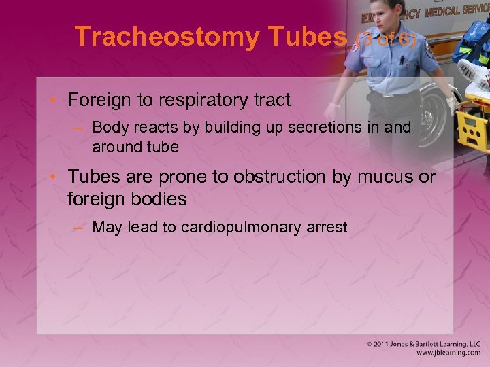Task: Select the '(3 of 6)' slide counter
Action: click(x=385, y=39)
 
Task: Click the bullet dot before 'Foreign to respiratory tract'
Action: click(x=54, y=101)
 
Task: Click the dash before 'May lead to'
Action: click(x=80, y=227)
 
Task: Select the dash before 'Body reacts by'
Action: click(x=80, y=127)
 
